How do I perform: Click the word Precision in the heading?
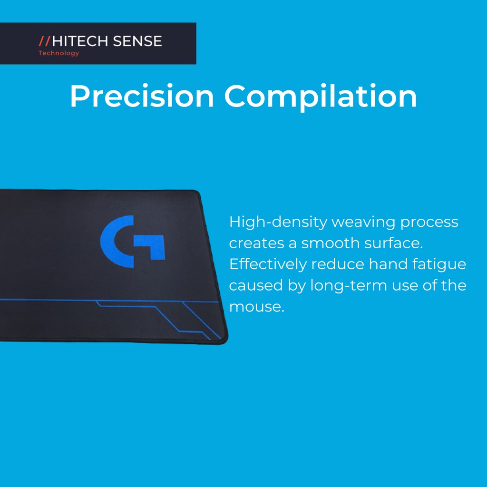point(142,96)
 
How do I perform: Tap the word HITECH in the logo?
point(80,41)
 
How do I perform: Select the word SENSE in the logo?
point(137,41)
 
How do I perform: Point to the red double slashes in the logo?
point(44,41)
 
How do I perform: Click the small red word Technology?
point(58,53)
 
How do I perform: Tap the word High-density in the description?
point(278,223)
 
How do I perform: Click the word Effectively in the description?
point(268,264)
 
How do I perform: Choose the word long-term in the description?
point(349,286)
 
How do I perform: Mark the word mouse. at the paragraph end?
point(256,307)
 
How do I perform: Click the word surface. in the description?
point(393,243)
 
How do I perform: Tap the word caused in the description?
point(256,286)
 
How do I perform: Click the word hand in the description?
point(388,264)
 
